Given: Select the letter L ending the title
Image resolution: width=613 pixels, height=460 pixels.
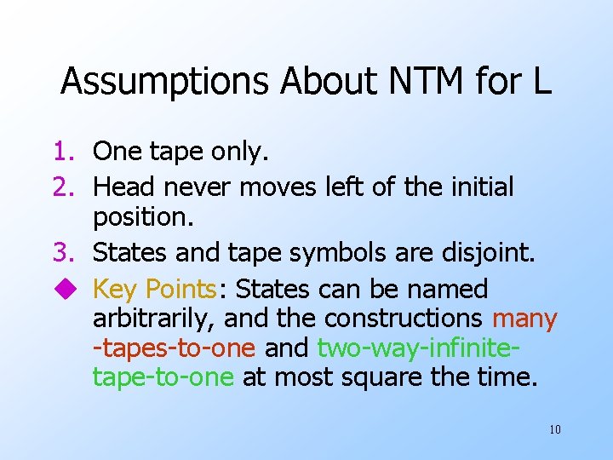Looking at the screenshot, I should click(542, 82).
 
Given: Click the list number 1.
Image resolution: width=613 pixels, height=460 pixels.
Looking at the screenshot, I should click(66, 152).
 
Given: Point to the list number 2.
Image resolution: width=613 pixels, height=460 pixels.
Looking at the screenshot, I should click(66, 186).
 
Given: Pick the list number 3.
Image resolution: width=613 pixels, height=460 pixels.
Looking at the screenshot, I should click(66, 252).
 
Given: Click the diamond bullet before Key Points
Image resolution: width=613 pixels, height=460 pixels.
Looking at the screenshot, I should click(66, 290).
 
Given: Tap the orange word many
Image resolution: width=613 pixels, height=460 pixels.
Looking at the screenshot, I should click(524, 319).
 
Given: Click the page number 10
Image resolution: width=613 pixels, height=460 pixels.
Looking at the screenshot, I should click(554, 429).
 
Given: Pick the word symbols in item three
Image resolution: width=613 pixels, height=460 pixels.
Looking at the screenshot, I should click(338, 252).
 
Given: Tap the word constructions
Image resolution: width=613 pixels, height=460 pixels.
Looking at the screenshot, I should click(404, 319).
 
